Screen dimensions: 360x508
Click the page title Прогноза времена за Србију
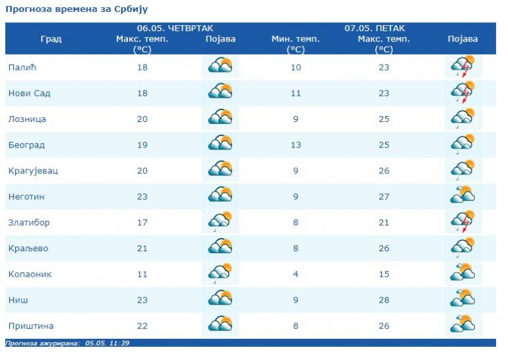tap(77, 9)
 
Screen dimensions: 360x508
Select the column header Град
tap(51, 39)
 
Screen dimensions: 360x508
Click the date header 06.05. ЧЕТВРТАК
tap(167, 28)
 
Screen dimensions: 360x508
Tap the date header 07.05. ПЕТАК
tap(375, 28)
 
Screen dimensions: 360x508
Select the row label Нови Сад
tap(29, 93)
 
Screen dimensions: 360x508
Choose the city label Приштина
tap(30, 326)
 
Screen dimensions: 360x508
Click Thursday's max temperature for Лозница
tap(143, 119)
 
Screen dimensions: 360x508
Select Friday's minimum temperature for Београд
tap(296, 145)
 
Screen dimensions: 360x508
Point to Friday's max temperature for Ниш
tap(383, 300)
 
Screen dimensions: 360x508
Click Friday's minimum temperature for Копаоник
tap(296, 274)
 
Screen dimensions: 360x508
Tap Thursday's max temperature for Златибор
tap(143, 223)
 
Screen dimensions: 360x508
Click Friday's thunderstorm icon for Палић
tap(462, 67)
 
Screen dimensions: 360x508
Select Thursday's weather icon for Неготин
tap(220, 196)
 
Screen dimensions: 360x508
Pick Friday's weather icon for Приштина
tap(462, 325)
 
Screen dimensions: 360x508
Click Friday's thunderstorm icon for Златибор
tap(462, 222)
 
